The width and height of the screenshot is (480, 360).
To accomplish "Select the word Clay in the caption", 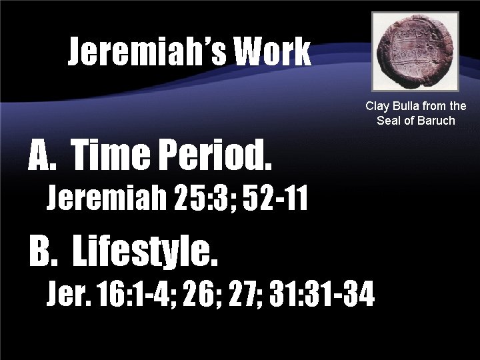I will click(x=377, y=107).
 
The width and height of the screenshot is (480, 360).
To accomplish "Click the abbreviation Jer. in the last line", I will click(x=69, y=293).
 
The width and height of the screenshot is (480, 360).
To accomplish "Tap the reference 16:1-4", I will click(x=137, y=293).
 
